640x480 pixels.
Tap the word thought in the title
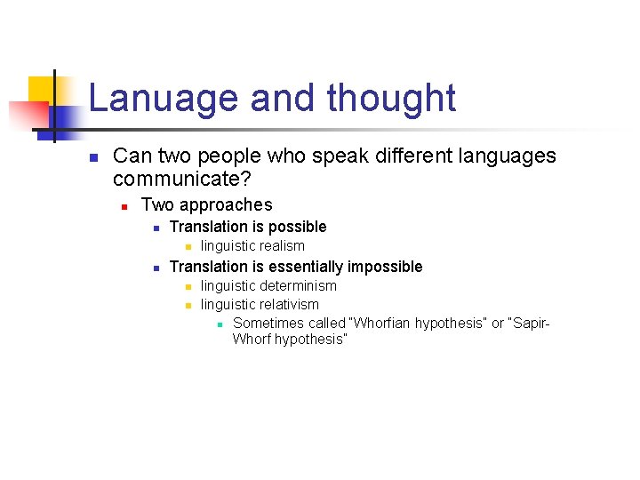tap(391, 99)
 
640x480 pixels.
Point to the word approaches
tap(227, 205)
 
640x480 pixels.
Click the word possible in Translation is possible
tap(297, 227)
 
